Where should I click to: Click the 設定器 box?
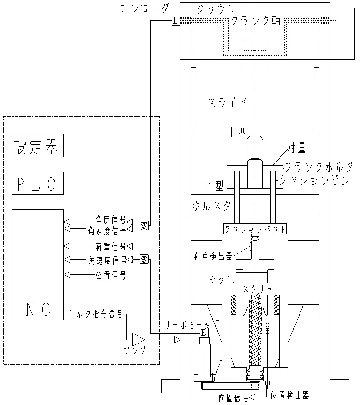coord(37,146)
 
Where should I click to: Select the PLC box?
coord(37,183)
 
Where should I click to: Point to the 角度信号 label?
coord(110,221)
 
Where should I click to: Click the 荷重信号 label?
coord(110,246)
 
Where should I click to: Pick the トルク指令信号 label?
coord(96,314)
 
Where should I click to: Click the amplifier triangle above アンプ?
coord(139,339)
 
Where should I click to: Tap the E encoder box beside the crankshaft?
coord(175,20)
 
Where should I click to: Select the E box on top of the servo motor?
coord(203,332)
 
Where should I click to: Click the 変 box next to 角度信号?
coord(143,225)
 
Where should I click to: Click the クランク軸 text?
coord(255,21)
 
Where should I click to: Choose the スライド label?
coord(227,102)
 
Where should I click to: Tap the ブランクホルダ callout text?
coord(318,166)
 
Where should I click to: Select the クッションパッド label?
coord(255,229)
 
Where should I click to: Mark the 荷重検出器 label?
coord(213,256)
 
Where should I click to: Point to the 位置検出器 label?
coord(290,395)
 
